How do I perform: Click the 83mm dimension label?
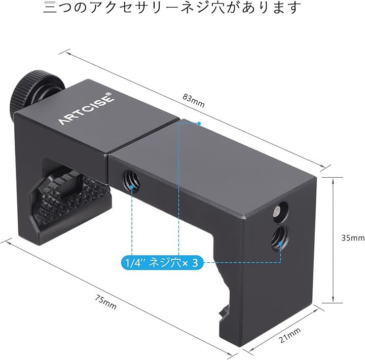(x=194, y=101)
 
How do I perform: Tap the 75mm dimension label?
(x=105, y=302)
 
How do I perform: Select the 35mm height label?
(x=353, y=238)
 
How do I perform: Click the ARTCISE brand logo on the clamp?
(x=86, y=109)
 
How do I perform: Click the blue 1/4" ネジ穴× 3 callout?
(x=162, y=263)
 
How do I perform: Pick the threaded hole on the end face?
(x=280, y=237)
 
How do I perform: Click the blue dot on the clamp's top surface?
(x=199, y=124)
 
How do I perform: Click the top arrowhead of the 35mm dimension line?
(x=334, y=180)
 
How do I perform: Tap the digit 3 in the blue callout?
(x=195, y=263)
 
